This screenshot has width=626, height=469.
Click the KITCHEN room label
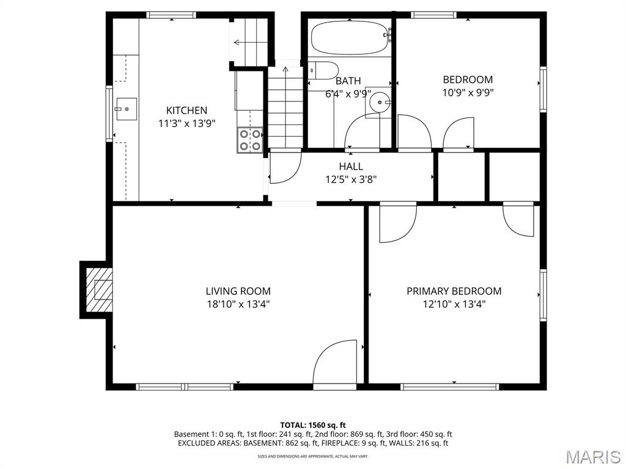point(186,111)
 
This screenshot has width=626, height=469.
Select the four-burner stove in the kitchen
point(250,139)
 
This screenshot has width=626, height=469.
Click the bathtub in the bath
point(349,38)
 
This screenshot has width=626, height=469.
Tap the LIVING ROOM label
point(238,291)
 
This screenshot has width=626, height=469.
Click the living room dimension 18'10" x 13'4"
point(238,304)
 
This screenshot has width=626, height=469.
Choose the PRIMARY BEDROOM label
point(454,291)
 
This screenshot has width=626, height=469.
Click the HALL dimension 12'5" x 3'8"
point(351,179)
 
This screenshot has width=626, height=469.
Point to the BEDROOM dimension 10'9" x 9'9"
point(468,93)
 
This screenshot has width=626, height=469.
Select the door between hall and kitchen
point(285,167)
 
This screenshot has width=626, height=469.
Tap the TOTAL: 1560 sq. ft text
point(313,425)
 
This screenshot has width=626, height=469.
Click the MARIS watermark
point(592,457)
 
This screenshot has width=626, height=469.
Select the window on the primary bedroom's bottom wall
point(449,387)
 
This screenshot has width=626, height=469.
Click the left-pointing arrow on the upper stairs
point(240,42)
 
